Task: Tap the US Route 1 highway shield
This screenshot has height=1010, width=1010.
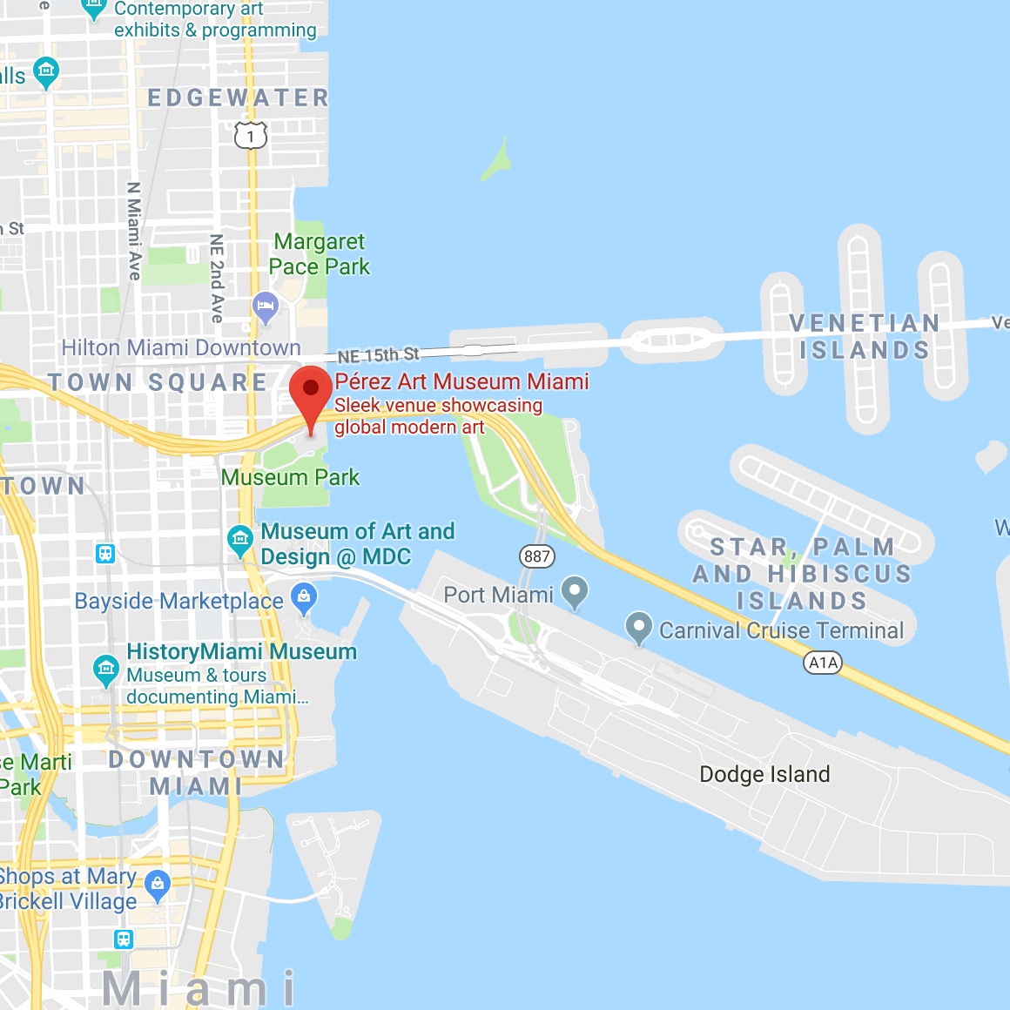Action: pyautogui.click(x=251, y=136)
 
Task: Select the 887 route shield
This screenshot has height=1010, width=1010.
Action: pyautogui.click(x=537, y=556)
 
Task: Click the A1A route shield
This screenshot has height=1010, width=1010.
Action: pyautogui.click(x=823, y=663)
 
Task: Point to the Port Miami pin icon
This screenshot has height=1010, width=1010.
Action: pyautogui.click(x=574, y=592)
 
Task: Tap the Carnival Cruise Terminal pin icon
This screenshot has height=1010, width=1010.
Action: pyautogui.click(x=639, y=627)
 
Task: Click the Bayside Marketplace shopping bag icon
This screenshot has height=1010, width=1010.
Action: pyautogui.click(x=304, y=597)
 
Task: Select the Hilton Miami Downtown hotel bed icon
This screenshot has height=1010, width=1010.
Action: pyautogui.click(x=265, y=306)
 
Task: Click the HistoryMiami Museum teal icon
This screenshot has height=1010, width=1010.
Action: pyautogui.click(x=106, y=669)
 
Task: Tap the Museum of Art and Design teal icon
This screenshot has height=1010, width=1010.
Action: pyautogui.click(x=239, y=540)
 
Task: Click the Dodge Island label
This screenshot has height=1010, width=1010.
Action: pyautogui.click(x=764, y=774)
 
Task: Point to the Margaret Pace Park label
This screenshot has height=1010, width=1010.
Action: pyautogui.click(x=320, y=254)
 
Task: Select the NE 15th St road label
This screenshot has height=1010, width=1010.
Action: pyautogui.click(x=378, y=355)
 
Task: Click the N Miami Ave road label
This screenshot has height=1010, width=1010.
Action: pyautogui.click(x=134, y=231)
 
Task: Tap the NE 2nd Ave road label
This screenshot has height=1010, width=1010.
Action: pyautogui.click(x=217, y=278)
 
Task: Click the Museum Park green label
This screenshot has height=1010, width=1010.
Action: pyautogui.click(x=290, y=477)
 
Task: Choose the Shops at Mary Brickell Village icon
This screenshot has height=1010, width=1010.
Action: pyautogui.click(x=158, y=885)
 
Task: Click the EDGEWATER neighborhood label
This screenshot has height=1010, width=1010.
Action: pyautogui.click(x=238, y=98)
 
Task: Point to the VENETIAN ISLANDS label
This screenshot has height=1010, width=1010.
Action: pyautogui.click(x=864, y=336)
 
